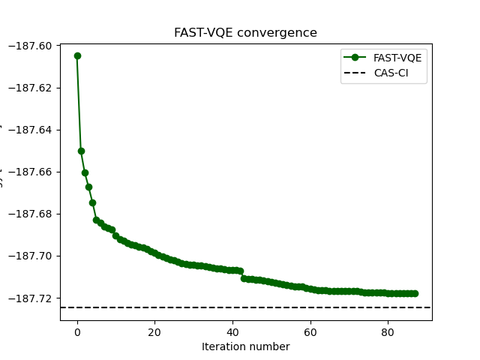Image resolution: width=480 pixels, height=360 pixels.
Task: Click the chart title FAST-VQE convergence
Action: [245, 33]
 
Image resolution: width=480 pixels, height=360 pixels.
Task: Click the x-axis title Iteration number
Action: [245, 346]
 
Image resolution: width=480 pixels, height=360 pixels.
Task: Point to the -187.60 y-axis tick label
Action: [31, 46]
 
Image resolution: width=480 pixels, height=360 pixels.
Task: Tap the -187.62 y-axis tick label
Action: [31, 88]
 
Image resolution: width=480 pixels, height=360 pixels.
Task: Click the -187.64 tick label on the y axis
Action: [31, 130]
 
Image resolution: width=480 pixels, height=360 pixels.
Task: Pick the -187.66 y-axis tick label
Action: [31, 172]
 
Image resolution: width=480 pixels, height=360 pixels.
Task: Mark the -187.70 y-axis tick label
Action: [31, 256]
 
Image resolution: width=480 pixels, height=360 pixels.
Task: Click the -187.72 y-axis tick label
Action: [31, 298]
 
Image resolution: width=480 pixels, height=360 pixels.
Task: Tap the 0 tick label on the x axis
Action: [77, 331]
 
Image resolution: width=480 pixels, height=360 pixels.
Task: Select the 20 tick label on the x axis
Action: [154, 331]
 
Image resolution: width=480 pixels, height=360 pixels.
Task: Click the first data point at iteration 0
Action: [77, 55]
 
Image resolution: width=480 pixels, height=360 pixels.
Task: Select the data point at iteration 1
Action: [81, 151]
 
